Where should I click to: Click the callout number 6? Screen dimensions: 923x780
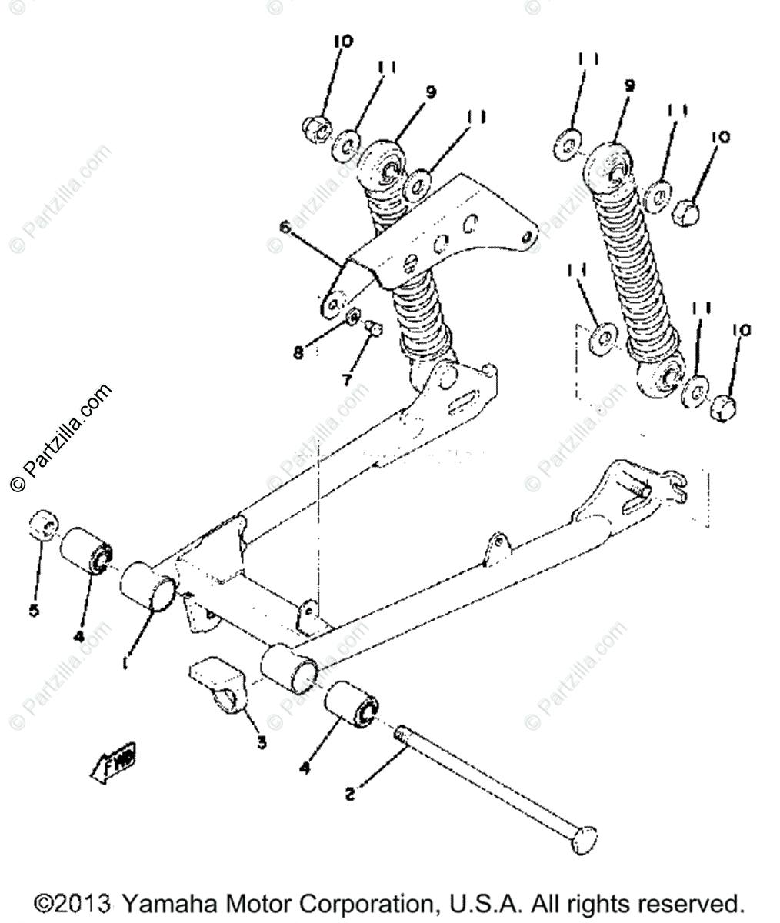[285, 227]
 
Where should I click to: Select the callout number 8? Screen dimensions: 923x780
[298, 353]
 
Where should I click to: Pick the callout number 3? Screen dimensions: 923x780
[262, 742]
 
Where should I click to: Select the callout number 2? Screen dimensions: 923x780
[350, 795]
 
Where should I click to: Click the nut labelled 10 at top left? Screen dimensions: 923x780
[316, 125]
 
